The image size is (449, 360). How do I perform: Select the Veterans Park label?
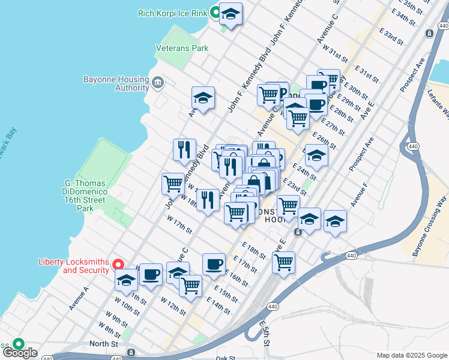click(x=182, y=47)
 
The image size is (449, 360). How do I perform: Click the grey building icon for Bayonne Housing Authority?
click(x=158, y=82)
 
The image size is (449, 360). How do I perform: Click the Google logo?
click(x=19, y=353)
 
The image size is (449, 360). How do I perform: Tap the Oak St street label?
click(x=226, y=358)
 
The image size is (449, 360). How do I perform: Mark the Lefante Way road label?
click(x=438, y=101)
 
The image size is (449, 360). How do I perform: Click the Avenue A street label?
click(x=79, y=298)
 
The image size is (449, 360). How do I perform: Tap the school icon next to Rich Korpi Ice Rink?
click(x=230, y=14)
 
